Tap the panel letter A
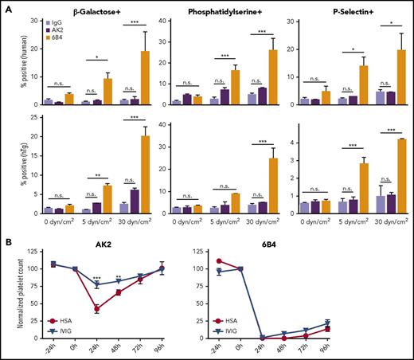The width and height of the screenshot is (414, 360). (7, 6)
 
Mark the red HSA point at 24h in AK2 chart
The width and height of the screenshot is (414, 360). (96, 309)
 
